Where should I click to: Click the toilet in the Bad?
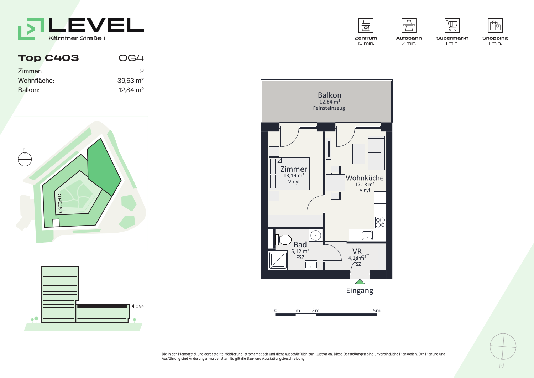pos(283,240)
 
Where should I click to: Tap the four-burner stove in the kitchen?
pos(380,222)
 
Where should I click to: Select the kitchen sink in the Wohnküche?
pos(367,235)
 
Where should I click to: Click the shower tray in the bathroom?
pos(278,260)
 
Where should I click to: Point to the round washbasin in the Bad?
pos(316,235)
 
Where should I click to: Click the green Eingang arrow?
pos(360,282)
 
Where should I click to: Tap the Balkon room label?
pos(329,95)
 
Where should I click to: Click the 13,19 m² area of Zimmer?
pos(294,176)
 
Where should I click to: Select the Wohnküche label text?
pos(365,178)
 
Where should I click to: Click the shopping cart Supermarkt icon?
pos(452,25)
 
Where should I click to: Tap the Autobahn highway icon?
pos(409,25)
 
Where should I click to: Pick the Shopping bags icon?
pos(495,25)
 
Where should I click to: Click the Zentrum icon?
pos(366,25)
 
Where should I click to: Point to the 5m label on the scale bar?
pos(376,310)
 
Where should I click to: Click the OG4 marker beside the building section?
pos(138,306)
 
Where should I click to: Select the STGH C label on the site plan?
pos(59,202)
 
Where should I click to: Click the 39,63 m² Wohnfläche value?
pos(130,81)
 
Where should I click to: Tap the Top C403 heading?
pos(48,58)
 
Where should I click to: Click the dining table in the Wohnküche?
pos(335,182)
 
